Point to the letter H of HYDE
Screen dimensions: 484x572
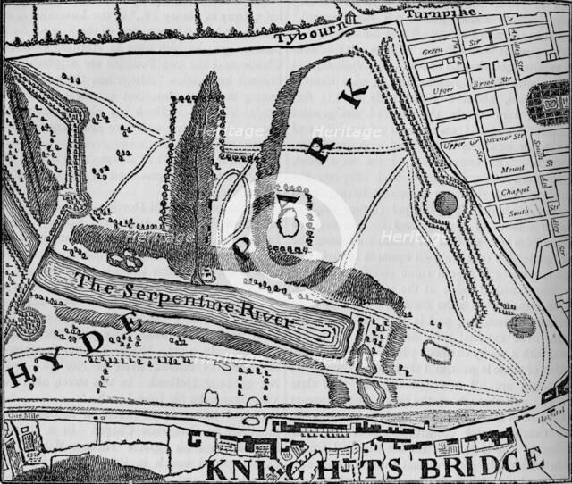click(18, 376)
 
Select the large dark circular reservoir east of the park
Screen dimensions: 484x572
click(445, 204)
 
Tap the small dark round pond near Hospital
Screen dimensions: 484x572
click(521, 324)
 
